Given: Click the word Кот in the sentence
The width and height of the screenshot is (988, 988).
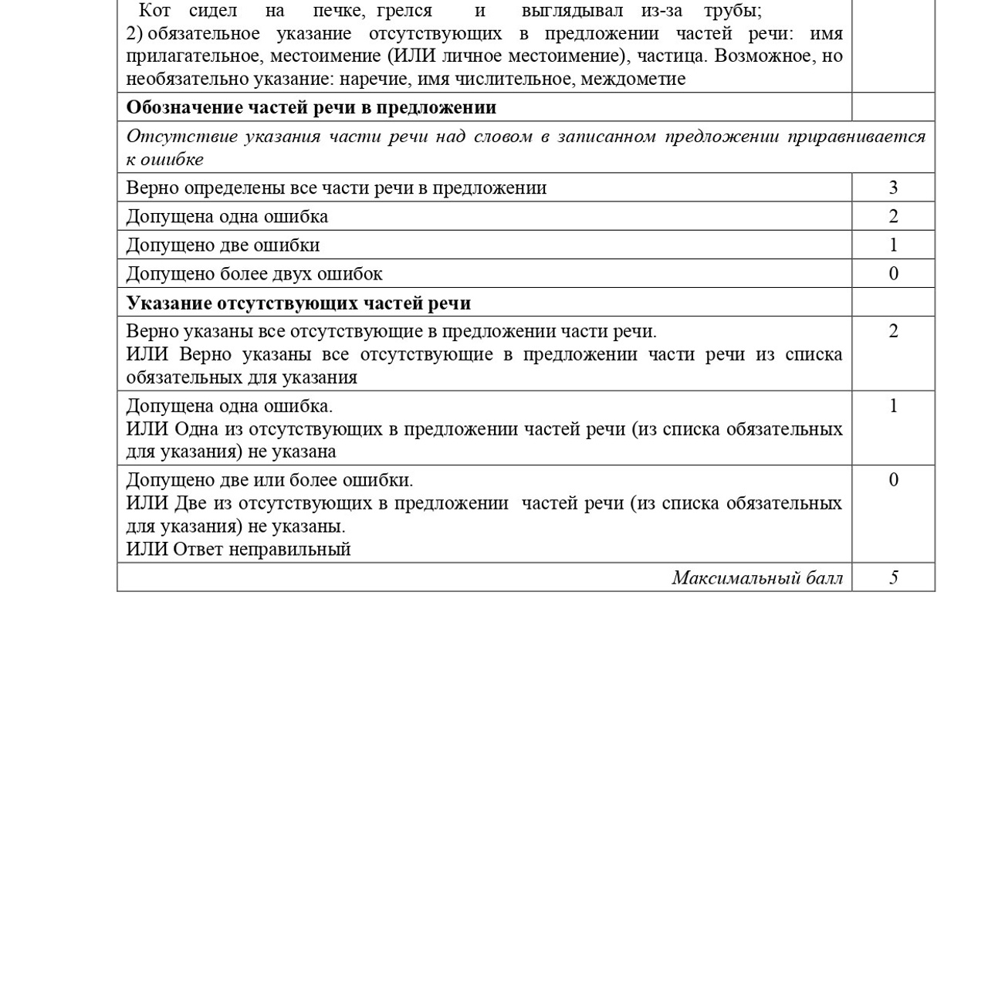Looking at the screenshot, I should click(154, 11).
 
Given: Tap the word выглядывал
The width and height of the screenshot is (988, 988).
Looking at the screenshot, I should click(572, 11).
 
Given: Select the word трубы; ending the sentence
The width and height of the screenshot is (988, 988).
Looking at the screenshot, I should click(733, 11).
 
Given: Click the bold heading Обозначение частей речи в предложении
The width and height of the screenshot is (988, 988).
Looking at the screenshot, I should click(311, 107).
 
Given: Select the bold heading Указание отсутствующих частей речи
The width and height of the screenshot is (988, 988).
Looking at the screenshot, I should click(298, 303).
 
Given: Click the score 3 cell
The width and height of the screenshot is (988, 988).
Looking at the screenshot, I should click(893, 188).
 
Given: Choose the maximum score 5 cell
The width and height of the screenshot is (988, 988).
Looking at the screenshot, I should click(893, 578).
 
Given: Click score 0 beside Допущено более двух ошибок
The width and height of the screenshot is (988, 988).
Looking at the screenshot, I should click(893, 274).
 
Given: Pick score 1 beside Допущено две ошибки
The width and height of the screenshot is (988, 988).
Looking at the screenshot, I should click(893, 245).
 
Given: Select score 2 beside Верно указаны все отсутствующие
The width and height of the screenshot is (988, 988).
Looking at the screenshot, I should click(893, 332).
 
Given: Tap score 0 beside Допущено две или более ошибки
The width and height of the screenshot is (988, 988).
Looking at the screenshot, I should click(893, 480).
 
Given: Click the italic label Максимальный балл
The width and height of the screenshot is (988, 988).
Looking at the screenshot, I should click(756, 578).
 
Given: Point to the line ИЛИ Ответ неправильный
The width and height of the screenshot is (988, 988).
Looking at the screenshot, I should click(239, 549).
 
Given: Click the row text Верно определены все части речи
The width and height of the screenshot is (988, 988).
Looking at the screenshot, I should click(336, 188).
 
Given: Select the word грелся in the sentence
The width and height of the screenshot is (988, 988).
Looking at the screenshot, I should click(404, 11).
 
